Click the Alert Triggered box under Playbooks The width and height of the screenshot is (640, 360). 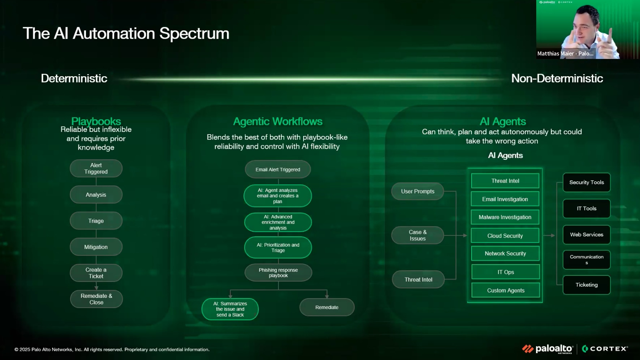click(96, 168)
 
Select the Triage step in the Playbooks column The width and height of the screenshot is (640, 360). click(96, 221)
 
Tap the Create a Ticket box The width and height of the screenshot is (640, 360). click(96, 273)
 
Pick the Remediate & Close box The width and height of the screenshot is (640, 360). click(96, 299)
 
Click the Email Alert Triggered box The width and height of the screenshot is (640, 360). click(278, 170)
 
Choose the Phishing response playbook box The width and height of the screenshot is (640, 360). click(278, 273)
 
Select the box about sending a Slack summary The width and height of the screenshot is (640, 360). click(230, 309)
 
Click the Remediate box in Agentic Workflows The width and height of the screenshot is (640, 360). click(327, 307)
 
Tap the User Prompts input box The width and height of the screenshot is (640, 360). click(418, 191)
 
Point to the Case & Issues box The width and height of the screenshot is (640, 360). click(418, 235)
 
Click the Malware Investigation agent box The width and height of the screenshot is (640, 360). click(505, 217)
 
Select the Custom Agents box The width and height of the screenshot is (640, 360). click(506, 290)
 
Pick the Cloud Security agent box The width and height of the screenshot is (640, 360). click(505, 236)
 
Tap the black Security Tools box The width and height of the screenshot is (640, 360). click(587, 183)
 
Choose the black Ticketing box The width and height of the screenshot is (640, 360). click(587, 285)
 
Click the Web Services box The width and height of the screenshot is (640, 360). click(587, 235)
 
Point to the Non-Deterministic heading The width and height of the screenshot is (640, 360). click(557, 78)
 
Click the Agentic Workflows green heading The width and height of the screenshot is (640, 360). click(278, 121)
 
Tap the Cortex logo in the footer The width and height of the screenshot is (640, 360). click(605, 349)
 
